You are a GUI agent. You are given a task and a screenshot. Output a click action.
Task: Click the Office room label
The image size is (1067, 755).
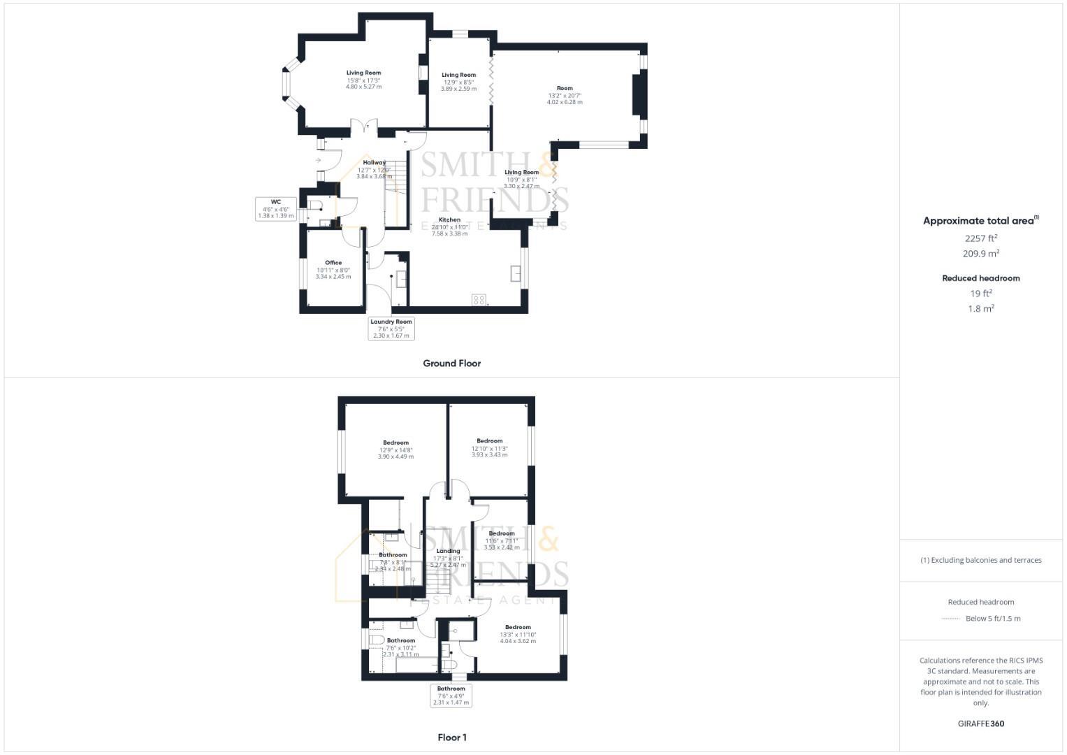click(x=333, y=264)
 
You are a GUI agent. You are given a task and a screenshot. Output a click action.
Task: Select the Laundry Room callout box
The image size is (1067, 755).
click(x=391, y=329)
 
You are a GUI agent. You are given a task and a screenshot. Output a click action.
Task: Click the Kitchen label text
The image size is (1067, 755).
click(x=449, y=220)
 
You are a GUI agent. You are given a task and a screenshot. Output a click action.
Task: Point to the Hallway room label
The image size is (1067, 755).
click(x=374, y=163)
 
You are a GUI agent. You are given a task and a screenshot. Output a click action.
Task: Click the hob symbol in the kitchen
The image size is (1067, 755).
click(x=479, y=299)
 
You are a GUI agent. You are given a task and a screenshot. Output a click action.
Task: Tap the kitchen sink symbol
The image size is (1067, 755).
click(x=516, y=273)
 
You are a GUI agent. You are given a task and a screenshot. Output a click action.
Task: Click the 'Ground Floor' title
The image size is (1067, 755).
click(x=451, y=364)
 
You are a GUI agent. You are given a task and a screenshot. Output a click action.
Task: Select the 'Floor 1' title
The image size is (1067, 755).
click(x=451, y=738)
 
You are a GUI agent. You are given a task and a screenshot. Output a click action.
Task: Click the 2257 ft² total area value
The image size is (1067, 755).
click(x=981, y=238)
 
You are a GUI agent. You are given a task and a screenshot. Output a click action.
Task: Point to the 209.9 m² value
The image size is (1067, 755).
click(x=981, y=254)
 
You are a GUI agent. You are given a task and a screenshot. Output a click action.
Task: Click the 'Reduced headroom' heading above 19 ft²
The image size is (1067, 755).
click(x=981, y=278)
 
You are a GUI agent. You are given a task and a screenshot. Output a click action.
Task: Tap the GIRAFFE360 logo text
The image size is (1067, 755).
click(x=981, y=724)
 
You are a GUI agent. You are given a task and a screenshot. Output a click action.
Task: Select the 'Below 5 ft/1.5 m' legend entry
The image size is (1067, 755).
click(x=992, y=619)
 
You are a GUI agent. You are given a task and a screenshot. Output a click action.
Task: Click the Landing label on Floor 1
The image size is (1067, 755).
click(x=448, y=551)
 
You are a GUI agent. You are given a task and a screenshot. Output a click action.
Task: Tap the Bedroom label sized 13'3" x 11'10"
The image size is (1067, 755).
click(x=518, y=628)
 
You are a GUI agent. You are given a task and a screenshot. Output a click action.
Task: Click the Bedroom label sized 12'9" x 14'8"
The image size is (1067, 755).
click(x=395, y=443)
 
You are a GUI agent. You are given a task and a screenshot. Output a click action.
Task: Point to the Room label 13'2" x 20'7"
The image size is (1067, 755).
click(x=565, y=89)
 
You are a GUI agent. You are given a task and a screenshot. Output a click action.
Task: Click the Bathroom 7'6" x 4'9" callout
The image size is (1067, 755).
click(x=451, y=696)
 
